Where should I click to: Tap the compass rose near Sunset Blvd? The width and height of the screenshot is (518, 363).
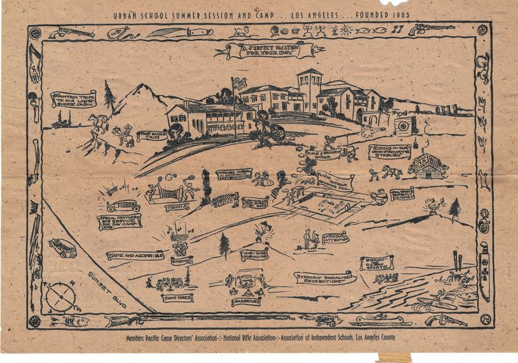click(x=61, y=297)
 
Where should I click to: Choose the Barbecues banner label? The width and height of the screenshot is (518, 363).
click(x=247, y=301)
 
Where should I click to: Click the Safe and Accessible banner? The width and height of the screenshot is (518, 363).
click(x=134, y=256)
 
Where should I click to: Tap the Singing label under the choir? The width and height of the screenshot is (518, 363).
click(x=182, y=259)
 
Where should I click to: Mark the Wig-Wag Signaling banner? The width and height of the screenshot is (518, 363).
click(x=254, y=255)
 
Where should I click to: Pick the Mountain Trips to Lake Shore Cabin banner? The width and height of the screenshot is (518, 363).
click(x=73, y=100)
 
